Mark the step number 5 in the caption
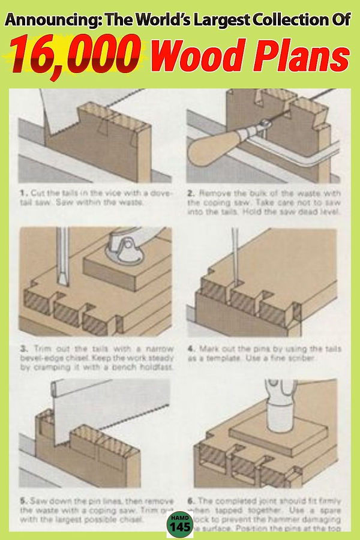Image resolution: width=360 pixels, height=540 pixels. click(x=23, y=500)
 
